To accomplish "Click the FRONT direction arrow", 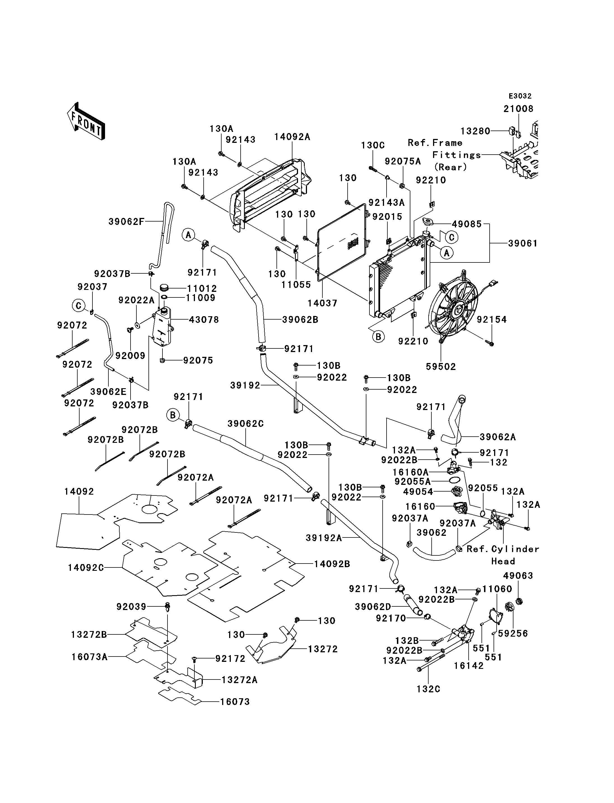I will [x=86, y=121].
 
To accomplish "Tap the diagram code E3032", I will [x=520, y=96].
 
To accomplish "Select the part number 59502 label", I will [x=441, y=367].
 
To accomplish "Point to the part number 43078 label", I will [x=204, y=320].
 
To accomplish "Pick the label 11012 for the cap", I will [x=202, y=289].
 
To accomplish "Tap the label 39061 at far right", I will [x=523, y=243].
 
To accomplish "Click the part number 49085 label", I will [x=467, y=224].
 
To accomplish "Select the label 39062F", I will [x=126, y=222].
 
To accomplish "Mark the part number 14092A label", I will [x=292, y=137].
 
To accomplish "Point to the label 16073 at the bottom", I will [x=235, y=702].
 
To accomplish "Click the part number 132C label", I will [x=428, y=689].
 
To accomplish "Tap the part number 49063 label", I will [x=518, y=576].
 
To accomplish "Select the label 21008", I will [x=518, y=109].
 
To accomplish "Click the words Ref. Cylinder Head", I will [x=503, y=555].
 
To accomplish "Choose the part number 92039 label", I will [x=131, y=607].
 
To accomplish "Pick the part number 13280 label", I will [x=475, y=131].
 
